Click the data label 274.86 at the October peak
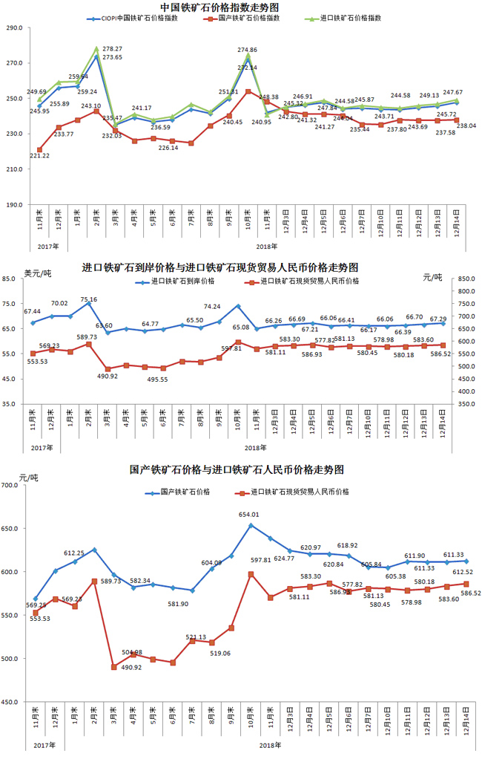pos(247,50)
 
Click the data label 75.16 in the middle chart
pos(89,300)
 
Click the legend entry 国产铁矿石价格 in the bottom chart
pos(181,492)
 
